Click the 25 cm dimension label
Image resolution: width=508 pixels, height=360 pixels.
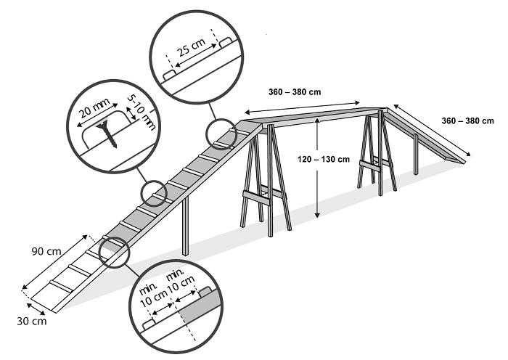pyautogui.click(x=192, y=47)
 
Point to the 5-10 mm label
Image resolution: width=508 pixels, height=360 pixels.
pyautogui.click(x=142, y=112)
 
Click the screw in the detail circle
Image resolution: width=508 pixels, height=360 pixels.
pyautogui.click(x=107, y=133)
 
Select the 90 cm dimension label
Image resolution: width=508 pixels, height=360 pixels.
pyautogui.click(x=46, y=251)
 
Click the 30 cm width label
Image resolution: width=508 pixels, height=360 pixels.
pyautogui.click(x=32, y=322)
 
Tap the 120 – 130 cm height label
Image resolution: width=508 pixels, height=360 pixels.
pyautogui.click(x=324, y=160)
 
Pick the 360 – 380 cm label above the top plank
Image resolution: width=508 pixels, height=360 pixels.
pyautogui.click(x=295, y=92)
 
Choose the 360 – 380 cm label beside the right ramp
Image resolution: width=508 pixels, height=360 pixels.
pyautogui.click(x=467, y=121)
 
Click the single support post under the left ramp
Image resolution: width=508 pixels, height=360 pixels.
pyautogui.click(x=185, y=226)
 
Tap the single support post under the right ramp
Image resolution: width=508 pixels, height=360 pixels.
pyautogui.click(x=416, y=155)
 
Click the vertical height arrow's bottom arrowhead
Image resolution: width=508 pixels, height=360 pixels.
pyautogui.click(x=318, y=215)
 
